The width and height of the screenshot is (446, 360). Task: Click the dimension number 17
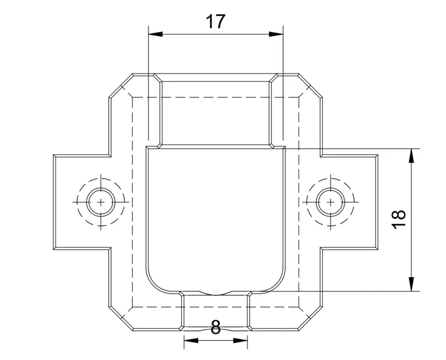(x=216, y=22)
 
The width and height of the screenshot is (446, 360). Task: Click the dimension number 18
(x=399, y=219)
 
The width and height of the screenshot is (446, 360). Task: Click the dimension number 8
(x=216, y=327)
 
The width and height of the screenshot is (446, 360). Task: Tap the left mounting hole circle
(x=101, y=202)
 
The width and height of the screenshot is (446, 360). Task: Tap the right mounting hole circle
(x=330, y=202)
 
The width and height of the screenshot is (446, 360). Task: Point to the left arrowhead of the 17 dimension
(x=155, y=34)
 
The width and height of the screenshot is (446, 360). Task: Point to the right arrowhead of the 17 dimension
(x=276, y=34)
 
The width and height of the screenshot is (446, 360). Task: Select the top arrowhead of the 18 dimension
(x=411, y=156)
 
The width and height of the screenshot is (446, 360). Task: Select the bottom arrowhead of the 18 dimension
(x=411, y=284)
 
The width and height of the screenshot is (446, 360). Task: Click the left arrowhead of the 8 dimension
(x=191, y=340)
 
